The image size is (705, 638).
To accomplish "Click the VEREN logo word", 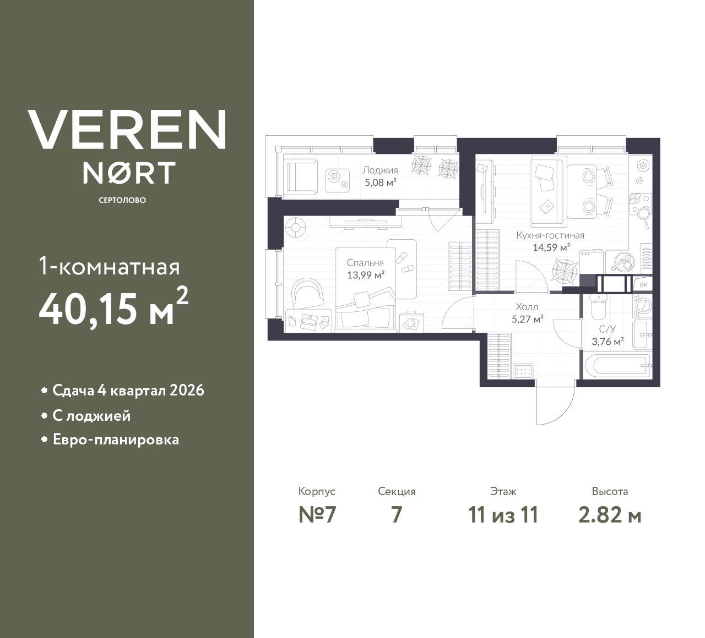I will [127, 130].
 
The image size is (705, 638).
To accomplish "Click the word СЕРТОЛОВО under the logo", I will [122, 200].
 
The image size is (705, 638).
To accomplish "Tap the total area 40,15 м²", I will [113, 309].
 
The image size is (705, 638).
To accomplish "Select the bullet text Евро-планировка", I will [116, 440].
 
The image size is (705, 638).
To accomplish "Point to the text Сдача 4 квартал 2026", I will [128, 391].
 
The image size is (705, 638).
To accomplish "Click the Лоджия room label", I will [379, 170].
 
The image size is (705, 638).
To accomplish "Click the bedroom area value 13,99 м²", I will [365, 275].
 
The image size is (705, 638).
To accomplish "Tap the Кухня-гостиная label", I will [550, 235].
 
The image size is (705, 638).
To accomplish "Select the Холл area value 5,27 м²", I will [527, 319].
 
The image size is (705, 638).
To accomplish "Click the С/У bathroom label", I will [608, 329].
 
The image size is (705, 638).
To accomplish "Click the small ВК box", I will [643, 285].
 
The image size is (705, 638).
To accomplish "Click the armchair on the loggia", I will [300, 177].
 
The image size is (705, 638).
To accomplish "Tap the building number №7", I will [317, 515].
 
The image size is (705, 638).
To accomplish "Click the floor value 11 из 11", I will [502, 515].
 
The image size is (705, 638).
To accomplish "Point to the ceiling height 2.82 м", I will [610, 515].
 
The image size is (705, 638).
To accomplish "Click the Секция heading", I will [397, 492].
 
